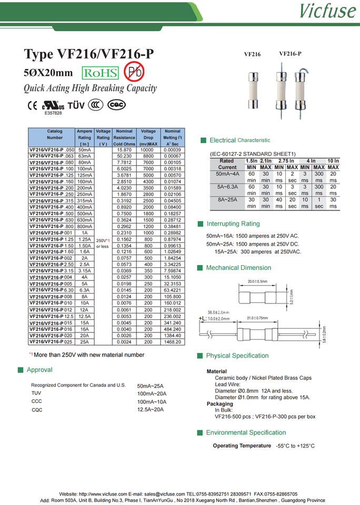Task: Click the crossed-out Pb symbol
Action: pos(133,72)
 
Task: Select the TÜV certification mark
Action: pos(76,105)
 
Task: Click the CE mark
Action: pos(32,105)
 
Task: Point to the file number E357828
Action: pos(53,113)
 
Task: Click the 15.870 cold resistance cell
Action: pos(124,150)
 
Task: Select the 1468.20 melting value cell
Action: pos(172,342)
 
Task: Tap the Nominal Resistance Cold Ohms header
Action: pos(124,137)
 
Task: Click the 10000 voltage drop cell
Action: pos(148,150)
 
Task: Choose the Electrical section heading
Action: pos(222,140)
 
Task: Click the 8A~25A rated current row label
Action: pos(227,200)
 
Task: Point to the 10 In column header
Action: pos(333,160)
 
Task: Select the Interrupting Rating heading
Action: pos(233,224)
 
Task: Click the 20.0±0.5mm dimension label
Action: pos(257,281)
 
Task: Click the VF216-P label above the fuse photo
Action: pos(290,54)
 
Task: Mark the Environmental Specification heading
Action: pos(246,432)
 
